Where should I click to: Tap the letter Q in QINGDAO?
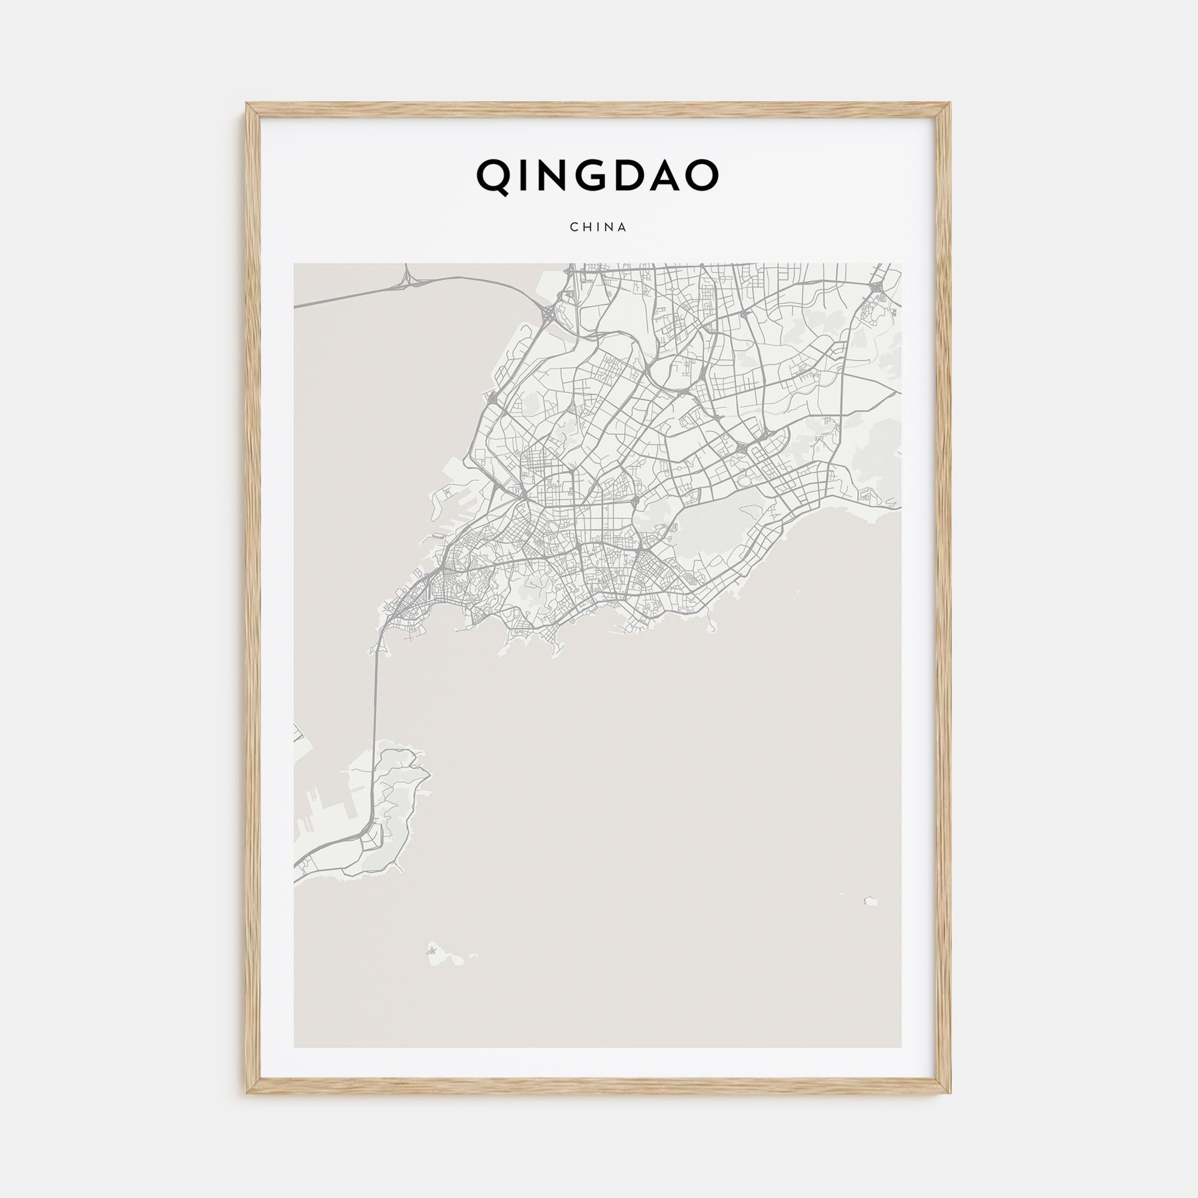click(492, 176)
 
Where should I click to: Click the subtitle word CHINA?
click(598, 228)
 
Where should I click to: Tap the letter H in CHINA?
click(585, 228)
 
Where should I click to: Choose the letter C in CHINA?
click(573, 228)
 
